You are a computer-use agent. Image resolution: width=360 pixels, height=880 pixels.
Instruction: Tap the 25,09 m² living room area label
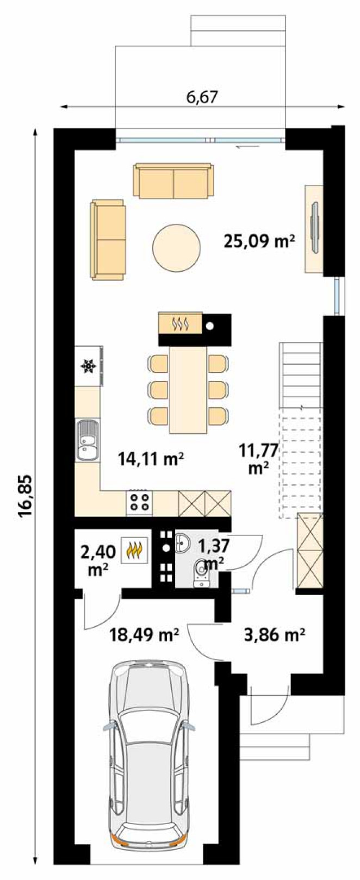259,241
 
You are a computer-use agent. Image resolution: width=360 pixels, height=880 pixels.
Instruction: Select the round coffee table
176,247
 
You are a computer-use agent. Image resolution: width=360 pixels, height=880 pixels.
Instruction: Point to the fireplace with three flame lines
181,323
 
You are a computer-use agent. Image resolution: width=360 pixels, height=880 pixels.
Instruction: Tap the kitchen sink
87,440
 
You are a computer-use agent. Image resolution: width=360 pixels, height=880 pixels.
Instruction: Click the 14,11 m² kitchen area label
151,458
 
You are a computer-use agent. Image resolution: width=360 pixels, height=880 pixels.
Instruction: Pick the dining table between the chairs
189,389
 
